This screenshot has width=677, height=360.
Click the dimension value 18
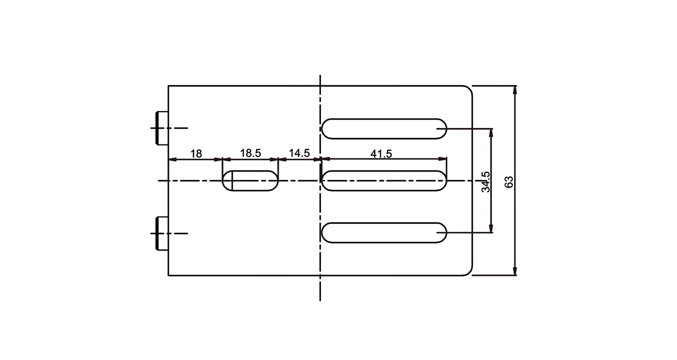[196, 154]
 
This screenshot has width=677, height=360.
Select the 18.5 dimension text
[250, 153]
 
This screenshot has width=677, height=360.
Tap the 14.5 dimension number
[299, 153]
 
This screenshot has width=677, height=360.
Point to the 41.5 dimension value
[381, 154]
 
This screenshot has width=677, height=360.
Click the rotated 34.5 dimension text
[486, 182]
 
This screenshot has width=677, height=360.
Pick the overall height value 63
[509, 182]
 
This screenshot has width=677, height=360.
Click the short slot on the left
[250, 181]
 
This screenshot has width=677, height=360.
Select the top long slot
[384, 129]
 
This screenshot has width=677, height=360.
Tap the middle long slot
[384, 181]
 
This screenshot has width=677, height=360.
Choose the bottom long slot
[384, 232]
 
